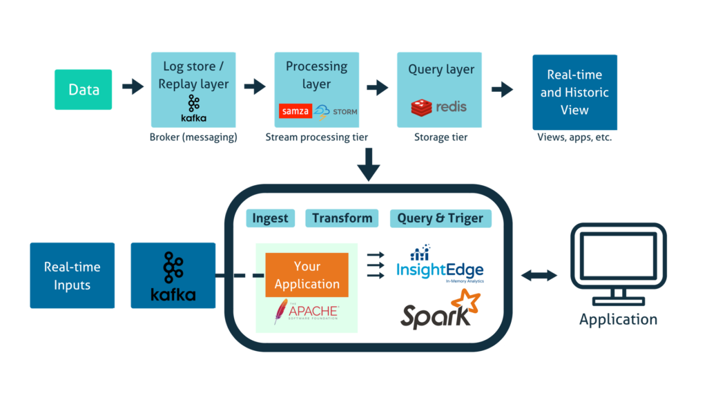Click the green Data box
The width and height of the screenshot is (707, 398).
click(83, 89)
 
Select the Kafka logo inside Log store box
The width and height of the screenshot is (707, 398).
click(193, 108)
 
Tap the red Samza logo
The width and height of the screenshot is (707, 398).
click(296, 111)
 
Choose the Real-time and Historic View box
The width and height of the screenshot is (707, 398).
click(574, 92)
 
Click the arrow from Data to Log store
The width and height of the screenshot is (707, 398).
click(133, 87)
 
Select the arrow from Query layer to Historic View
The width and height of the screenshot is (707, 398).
click(503, 89)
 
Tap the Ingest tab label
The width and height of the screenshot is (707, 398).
click(269, 218)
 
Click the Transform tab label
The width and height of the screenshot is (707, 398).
click(342, 218)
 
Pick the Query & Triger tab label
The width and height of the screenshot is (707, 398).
click(440, 219)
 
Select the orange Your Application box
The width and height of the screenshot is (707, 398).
click(307, 274)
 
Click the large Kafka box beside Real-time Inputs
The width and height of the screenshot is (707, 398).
click(173, 275)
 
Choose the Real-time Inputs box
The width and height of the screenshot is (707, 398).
click(72, 275)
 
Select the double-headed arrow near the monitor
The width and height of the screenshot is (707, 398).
click(539, 275)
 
